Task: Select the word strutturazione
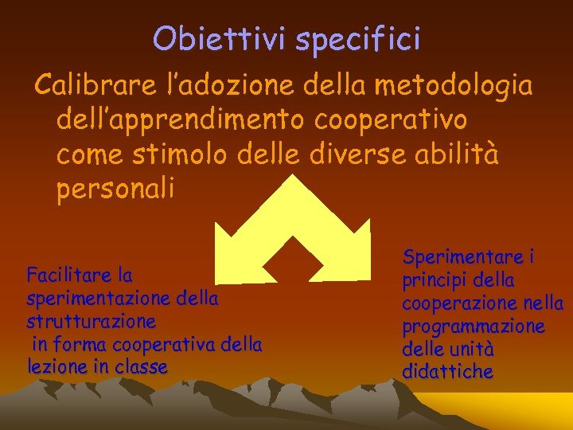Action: click(91, 322)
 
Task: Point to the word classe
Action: click(142, 367)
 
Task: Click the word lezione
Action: click(57, 367)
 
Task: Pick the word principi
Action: click(435, 280)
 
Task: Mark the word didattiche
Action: click(447, 372)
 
